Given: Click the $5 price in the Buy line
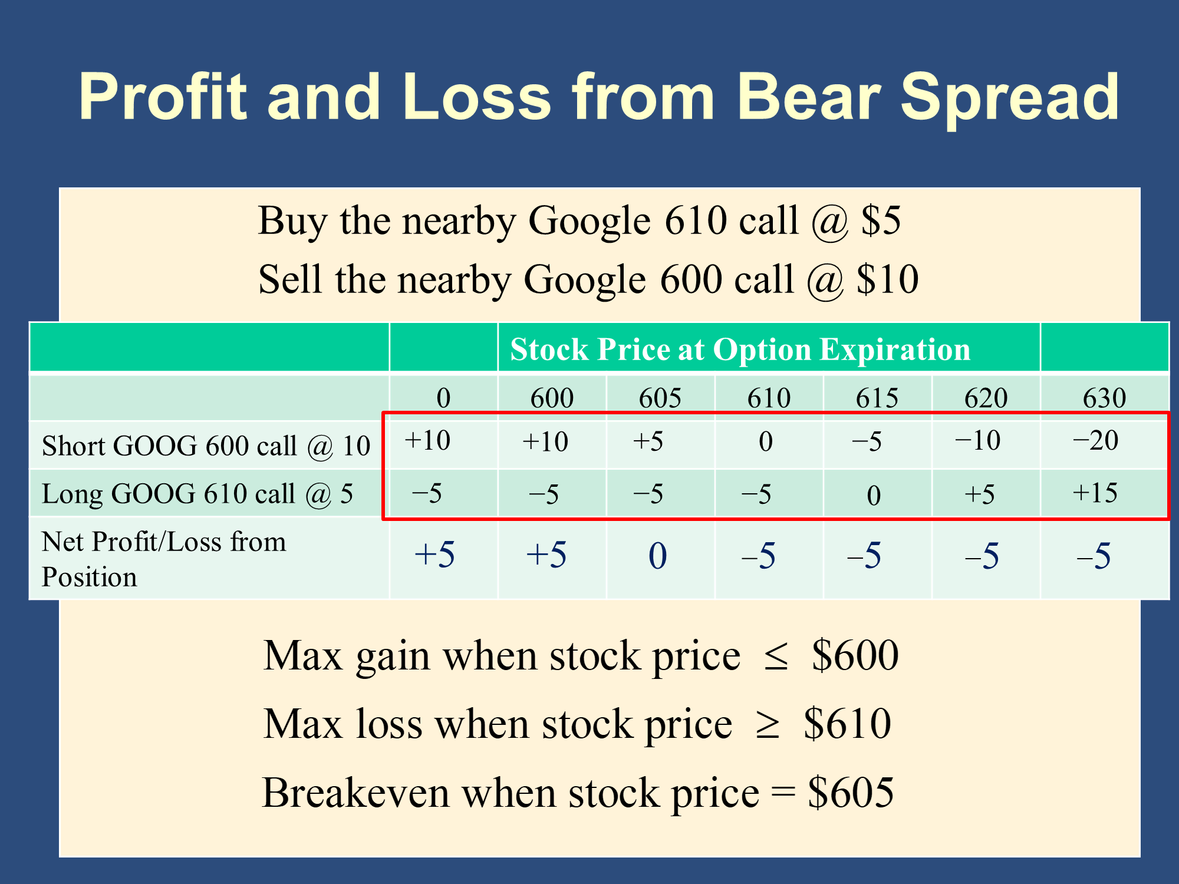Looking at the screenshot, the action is point(881,220).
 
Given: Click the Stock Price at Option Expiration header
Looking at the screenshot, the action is point(740,349).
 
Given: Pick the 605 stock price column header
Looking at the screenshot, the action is point(660,398).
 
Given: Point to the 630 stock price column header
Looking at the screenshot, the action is point(1104,398).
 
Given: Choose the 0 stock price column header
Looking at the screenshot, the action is point(443,398).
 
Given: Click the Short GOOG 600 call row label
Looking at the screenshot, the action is point(206,446).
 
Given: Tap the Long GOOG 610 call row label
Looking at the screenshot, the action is point(197,494).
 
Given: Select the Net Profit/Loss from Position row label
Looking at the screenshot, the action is point(164,559).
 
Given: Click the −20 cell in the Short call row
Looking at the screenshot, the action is point(1095,440).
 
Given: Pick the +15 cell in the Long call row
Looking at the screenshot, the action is point(1095,493).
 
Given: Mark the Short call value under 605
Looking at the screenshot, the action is point(648,441).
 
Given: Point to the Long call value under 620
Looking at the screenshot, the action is point(980,494).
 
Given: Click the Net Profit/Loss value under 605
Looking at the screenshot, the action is point(658,556).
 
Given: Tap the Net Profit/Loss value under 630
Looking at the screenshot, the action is point(1094,556).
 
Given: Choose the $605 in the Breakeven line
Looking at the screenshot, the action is point(851,793).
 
